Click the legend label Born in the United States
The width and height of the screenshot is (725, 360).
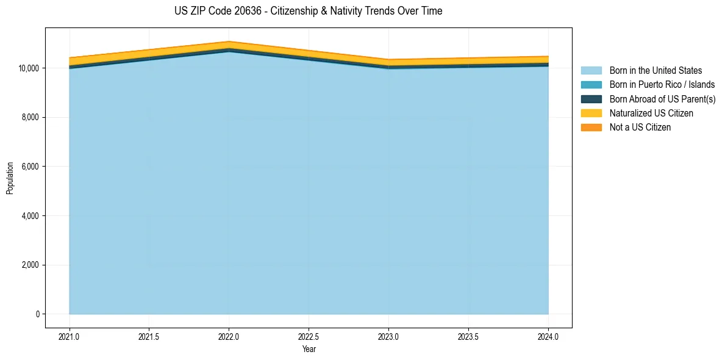[x=655, y=71]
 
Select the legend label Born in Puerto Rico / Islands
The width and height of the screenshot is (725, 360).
[x=662, y=85]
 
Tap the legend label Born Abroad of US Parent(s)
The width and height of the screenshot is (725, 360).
[x=662, y=99]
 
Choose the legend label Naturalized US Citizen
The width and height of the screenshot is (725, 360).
[x=651, y=113]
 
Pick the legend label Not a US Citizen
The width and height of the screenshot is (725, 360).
[x=640, y=127]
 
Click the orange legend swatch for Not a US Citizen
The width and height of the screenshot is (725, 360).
[x=591, y=127]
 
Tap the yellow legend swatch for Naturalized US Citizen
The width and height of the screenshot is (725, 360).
[x=591, y=113]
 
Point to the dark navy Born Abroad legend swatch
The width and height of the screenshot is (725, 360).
[x=591, y=99]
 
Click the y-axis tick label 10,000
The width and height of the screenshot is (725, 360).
[x=29, y=68]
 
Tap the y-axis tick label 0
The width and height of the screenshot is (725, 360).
[x=38, y=314]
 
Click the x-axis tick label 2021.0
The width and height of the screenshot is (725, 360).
[x=70, y=336]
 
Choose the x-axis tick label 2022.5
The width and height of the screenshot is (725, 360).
[x=309, y=336]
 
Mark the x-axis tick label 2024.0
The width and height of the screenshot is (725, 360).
[x=548, y=336]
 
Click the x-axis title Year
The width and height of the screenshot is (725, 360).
[x=309, y=349]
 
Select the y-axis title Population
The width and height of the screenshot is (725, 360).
[x=10, y=178]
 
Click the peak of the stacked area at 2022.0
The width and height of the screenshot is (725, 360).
[x=229, y=42]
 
